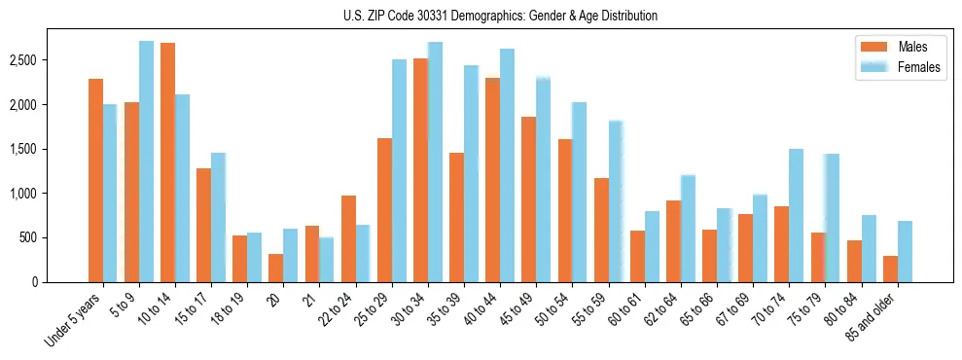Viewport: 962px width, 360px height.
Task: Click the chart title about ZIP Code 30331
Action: coord(500,16)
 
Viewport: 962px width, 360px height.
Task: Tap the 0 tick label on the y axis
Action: coord(36,282)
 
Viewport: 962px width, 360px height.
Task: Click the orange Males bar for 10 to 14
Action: coord(167,162)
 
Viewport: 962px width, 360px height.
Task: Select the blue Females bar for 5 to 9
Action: coord(146,162)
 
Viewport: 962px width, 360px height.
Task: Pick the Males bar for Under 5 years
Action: coord(95,180)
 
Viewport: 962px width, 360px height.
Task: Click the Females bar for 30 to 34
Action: coord(435,162)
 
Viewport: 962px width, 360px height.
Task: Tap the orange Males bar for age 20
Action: coord(276,268)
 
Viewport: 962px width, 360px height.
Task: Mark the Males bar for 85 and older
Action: coord(890,269)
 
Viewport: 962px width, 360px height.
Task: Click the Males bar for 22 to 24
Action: coord(348,238)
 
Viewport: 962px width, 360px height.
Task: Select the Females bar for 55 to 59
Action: coord(616,201)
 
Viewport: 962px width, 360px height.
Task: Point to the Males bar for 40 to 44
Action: coord(492,180)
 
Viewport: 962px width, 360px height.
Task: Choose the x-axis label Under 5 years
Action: coord(73,320)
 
